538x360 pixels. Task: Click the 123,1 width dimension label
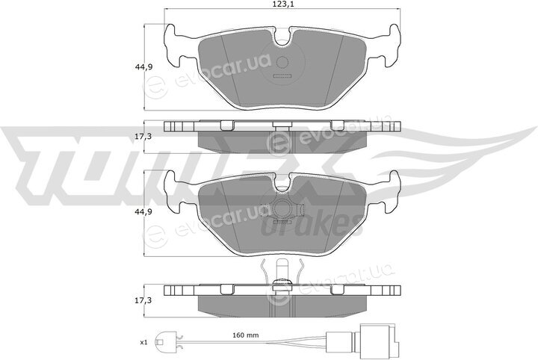point(282,4)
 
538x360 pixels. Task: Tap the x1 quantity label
point(143,342)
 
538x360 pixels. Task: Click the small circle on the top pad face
point(282,62)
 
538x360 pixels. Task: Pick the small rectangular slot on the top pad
point(282,76)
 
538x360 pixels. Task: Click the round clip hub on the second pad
point(282,209)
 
